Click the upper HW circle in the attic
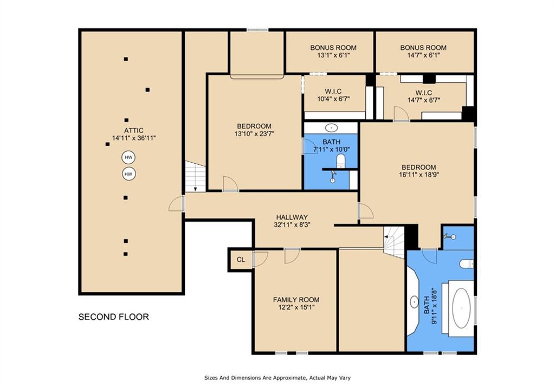pyautogui.click(x=128, y=157)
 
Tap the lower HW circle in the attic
pyautogui.click(x=128, y=174)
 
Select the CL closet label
pyautogui.click(x=241, y=260)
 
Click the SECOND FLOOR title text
pyautogui.click(x=114, y=317)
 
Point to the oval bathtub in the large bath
pyautogui.click(x=462, y=308)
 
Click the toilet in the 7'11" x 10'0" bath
pyautogui.click(x=340, y=161)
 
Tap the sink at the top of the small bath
pyautogui.click(x=331, y=127)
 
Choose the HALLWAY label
pyautogui.click(x=292, y=217)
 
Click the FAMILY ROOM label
pyautogui.click(x=296, y=300)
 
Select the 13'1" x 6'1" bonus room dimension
pyautogui.click(x=333, y=55)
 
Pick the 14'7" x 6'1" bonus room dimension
pyautogui.click(x=423, y=55)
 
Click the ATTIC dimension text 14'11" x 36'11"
pyautogui.click(x=134, y=138)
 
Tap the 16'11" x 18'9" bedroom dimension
pyautogui.click(x=419, y=174)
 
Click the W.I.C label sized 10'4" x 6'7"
pyautogui.click(x=333, y=92)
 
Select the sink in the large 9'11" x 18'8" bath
pyautogui.click(x=414, y=302)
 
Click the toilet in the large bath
pyautogui.click(x=467, y=264)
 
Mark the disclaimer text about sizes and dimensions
pyautogui.click(x=277, y=378)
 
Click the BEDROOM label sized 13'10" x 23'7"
pyautogui.click(x=254, y=126)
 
